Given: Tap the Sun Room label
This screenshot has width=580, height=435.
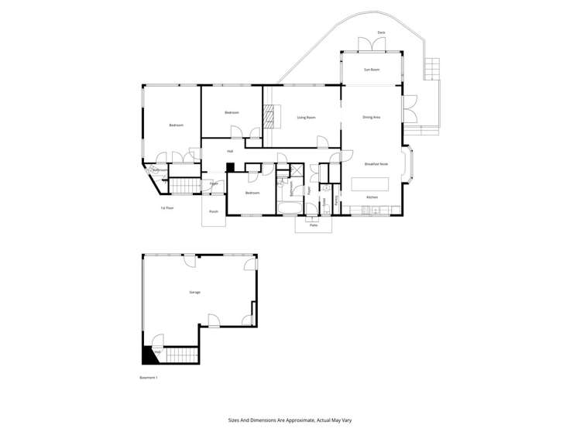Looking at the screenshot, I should (x=372, y=70).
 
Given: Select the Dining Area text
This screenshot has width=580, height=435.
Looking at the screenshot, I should (x=372, y=118).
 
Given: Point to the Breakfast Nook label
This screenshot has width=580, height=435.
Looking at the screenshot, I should (x=376, y=164).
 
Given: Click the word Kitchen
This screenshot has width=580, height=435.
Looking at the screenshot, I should (x=372, y=198).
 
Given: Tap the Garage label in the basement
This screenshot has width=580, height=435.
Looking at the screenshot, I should (x=194, y=292).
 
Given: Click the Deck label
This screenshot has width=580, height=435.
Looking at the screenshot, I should (x=381, y=33).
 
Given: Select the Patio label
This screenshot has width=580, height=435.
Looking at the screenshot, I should (x=314, y=224).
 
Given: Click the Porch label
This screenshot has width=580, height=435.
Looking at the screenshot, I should (x=213, y=211).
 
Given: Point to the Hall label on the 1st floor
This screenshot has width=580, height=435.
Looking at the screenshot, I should (x=230, y=151).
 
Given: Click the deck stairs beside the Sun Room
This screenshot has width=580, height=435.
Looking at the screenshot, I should (x=431, y=71).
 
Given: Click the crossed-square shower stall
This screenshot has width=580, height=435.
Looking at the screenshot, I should (x=295, y=172).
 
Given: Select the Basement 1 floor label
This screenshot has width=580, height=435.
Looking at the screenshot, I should (x=148, y=378).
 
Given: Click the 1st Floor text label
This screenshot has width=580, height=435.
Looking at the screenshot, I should (x=166, y=207).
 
